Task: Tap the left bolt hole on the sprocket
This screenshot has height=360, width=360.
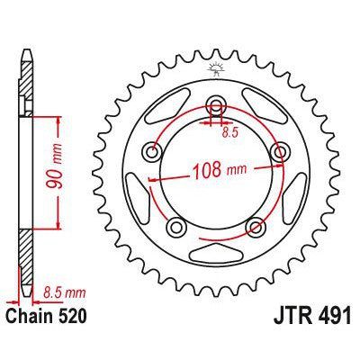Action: tap(154, 154)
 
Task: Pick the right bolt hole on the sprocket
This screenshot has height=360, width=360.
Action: tap(280, 154)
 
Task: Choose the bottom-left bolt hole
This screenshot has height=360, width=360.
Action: tap(177, 225)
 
